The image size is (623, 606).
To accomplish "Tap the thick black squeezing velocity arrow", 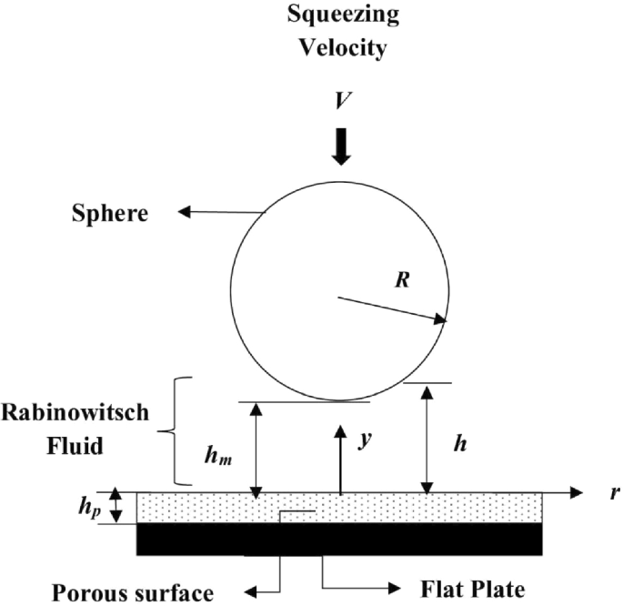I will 340,146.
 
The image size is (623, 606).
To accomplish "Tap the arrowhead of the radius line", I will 442,319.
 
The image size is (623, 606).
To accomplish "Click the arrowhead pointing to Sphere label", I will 183,213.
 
